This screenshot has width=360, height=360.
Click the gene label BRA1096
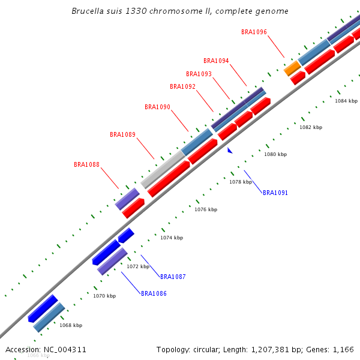[x=254, y=32]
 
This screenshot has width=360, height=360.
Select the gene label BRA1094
[x=216, y=61]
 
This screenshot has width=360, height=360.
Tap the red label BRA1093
[x=199, y=74]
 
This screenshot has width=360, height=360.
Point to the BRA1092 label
[x=182, y=86]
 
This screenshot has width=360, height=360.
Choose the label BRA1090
[x=157, y=107]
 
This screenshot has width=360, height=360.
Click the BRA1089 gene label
[x=122, y=134]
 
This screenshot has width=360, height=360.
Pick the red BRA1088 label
[x=86, y=164]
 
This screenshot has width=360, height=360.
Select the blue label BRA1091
[x=275, y=193]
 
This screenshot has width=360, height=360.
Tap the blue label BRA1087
[x=173, y=277]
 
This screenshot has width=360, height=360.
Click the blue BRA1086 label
[x=154, y=293]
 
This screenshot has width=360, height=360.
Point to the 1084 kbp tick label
[x=346, y=101]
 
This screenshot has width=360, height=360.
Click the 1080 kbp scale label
[x=275, y=154]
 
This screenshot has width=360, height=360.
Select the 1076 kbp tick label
[x=206, y=209]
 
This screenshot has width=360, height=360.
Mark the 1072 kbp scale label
[x=137, y=266]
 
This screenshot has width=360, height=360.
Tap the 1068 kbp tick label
[x=71, y=325]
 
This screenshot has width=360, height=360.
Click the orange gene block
[x=292, y=68]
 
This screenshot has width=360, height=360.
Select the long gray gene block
[x=163, y=169]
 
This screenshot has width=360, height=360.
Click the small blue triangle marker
[x=230, y=151]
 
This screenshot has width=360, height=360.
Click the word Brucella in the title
[x=89, y=11]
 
